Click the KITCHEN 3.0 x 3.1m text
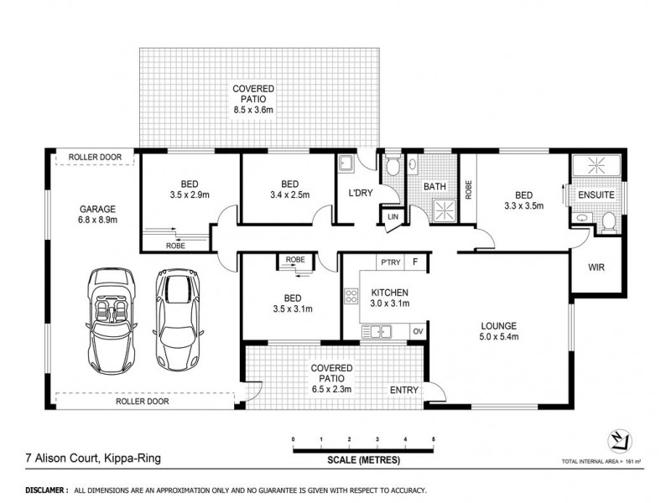tap(390, 298)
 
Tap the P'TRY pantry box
tap(391, 263)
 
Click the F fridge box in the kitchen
tap(415, 263)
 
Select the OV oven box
tap(417, 331)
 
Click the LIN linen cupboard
tap(393, 219)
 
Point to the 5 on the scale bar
tap(434, 439)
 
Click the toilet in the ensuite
tap(610, 220)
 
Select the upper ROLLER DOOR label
tap(96, 157)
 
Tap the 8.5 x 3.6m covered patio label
tap(258, 108)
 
